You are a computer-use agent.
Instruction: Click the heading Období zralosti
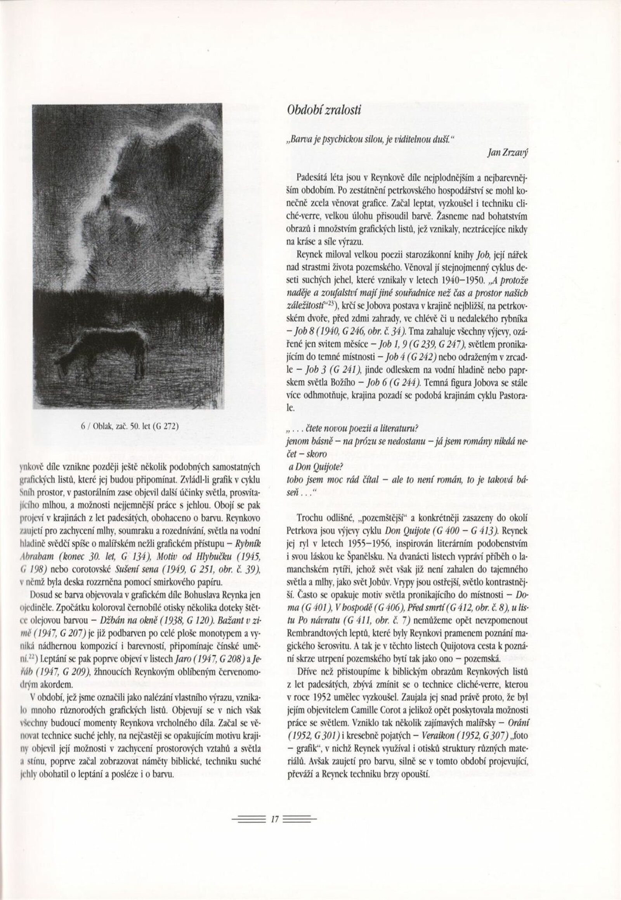[324, 110]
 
